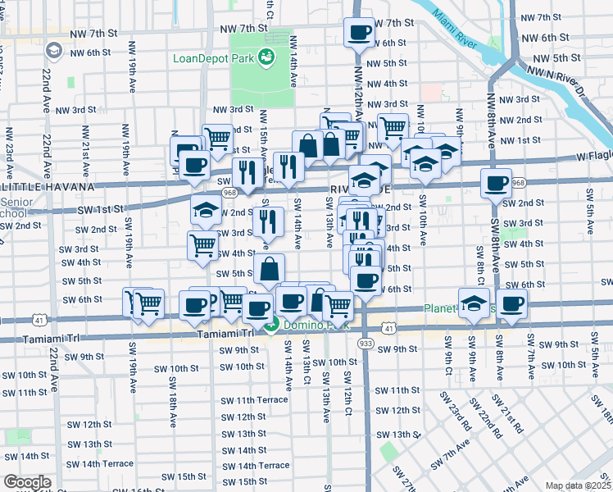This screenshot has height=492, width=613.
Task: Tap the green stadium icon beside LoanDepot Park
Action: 266,57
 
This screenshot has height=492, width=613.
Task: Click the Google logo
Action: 27,482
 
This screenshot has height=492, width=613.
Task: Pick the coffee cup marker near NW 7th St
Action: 358,33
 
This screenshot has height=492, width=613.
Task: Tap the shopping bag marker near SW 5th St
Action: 270,268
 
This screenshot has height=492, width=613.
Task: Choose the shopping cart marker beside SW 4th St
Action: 202,244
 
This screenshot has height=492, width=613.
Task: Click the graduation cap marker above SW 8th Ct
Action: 473,303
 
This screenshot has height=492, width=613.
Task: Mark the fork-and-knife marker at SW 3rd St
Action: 268,221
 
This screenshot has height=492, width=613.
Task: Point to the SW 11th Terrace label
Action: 254,399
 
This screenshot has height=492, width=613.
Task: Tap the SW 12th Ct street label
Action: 347,393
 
